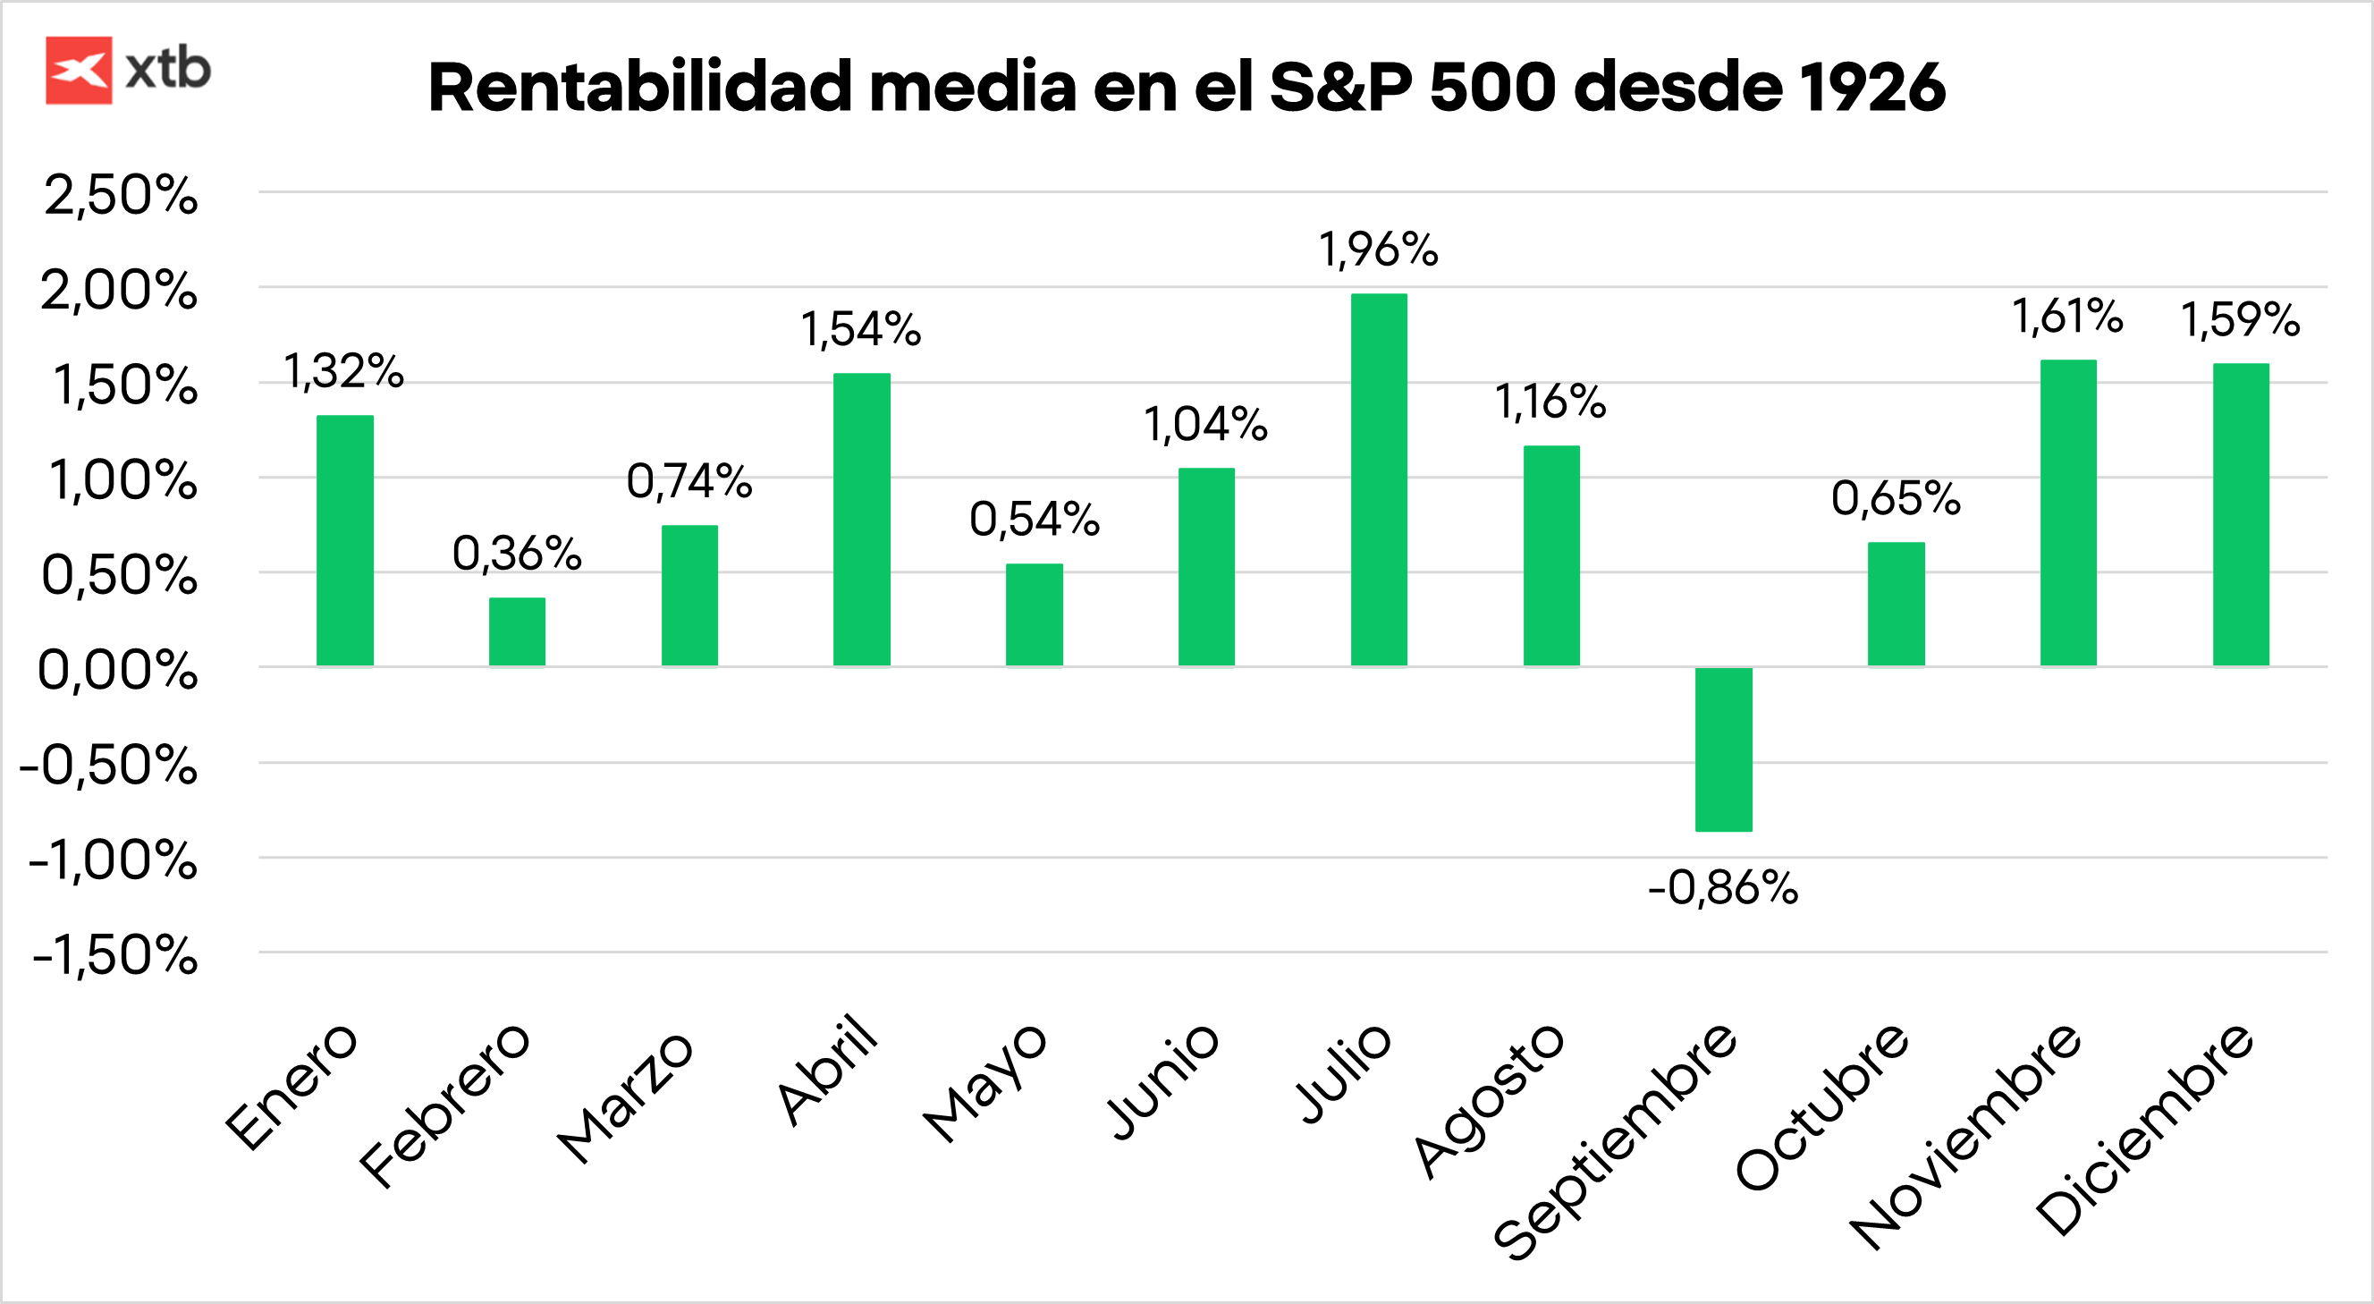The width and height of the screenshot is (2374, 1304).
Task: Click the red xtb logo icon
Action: click(x=79, y=70)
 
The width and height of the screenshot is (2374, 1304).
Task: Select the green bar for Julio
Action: click(x=1379, y=479)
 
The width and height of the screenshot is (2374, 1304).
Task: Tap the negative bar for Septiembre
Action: click(x=1723, y=749)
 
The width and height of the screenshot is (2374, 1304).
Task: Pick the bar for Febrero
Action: click(x=517, y=631)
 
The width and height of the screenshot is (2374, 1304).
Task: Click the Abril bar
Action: click(x=862, y=519)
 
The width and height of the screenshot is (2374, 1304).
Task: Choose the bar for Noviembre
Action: click(x=2068, y=512)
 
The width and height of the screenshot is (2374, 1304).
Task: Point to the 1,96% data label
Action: click(x=1378, y=250)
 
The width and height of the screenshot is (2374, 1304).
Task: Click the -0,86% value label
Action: click(x=1722, y=888)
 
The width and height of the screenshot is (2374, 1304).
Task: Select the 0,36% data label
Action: click(x=517, y=554)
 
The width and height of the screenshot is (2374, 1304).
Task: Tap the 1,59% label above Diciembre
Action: click(x=2240, y=320)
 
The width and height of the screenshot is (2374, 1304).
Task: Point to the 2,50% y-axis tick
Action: click(x=120, y=195)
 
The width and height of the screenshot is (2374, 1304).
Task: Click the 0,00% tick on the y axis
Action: click(x=117, y=670)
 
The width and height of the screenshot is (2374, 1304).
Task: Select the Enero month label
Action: click(x=291, y=1088)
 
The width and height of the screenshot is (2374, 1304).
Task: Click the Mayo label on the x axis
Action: click(x=984, y=1083)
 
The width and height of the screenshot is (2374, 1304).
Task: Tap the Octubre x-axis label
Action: click(x=1821, y=1105)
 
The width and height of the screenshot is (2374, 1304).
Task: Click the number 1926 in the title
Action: click(x=1871, y=88)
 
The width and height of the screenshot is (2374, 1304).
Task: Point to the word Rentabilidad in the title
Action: click(x=639, y=88)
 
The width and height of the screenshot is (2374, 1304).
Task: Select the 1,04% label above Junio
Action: click(x=1205, y=425)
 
